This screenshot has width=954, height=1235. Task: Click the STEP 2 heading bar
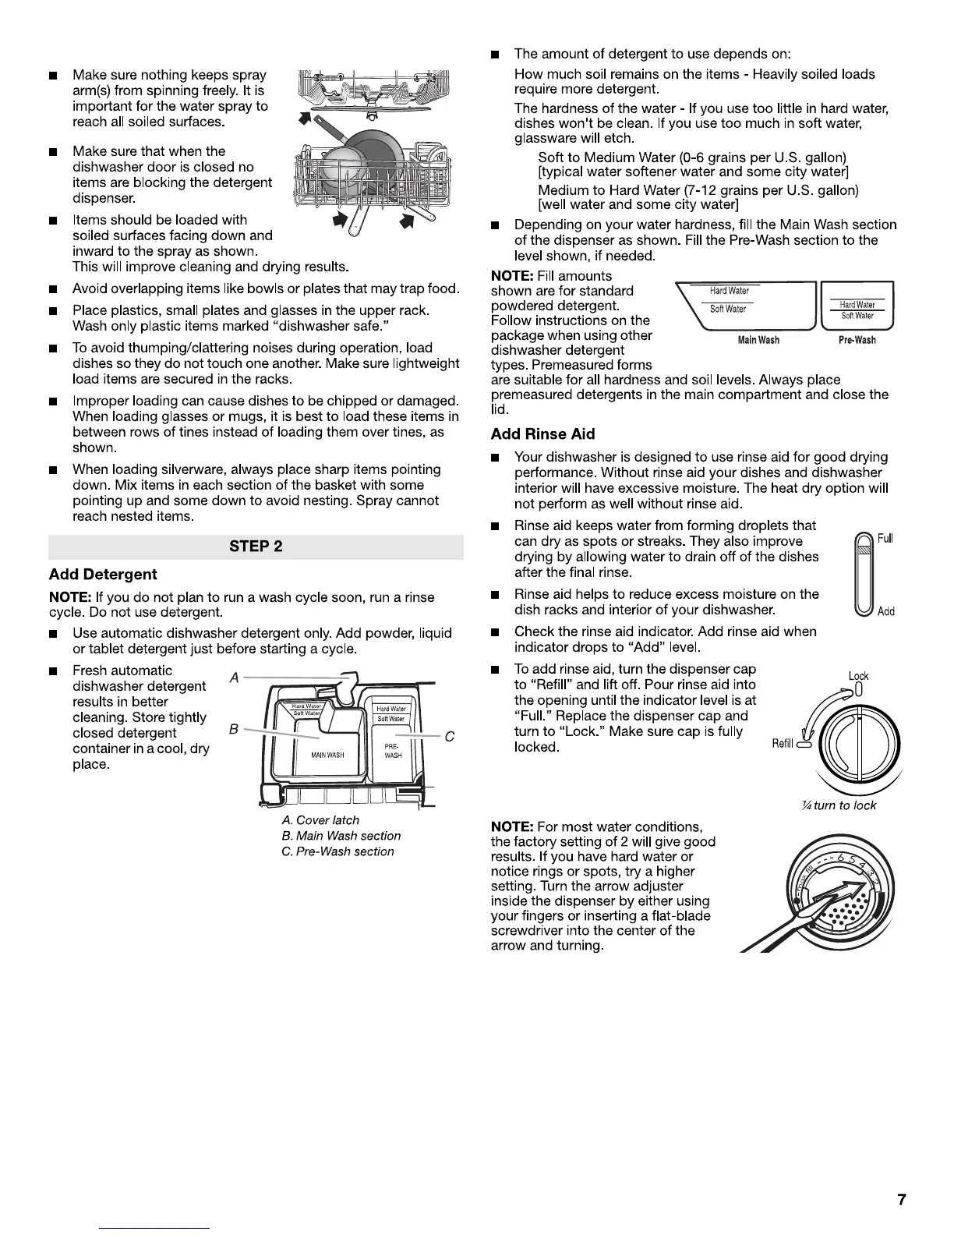[256, 546]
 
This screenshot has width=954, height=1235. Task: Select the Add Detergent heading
[103, 575]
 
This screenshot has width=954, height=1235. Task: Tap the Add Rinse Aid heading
[542, 434]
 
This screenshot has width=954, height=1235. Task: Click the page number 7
[902, 1200]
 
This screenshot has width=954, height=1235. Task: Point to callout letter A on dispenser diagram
[234, 678]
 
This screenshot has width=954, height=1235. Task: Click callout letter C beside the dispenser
[448, 737]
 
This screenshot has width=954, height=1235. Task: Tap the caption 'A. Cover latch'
[320, 820]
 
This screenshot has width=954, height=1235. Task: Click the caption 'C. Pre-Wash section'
[337, 851]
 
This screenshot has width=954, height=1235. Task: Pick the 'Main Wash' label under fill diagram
[758, 341]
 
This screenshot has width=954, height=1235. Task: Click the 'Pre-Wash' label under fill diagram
[857, 341]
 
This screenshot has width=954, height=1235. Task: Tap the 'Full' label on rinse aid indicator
[885, 539]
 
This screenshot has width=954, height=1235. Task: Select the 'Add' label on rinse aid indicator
[885, 611]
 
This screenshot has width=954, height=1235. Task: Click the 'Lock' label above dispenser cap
[858, 676]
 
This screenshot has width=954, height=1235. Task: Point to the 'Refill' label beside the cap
[782, 744]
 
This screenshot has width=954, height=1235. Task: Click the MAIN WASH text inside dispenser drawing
[327, 756]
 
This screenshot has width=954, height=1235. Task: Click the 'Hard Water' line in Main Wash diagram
[729, 291]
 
